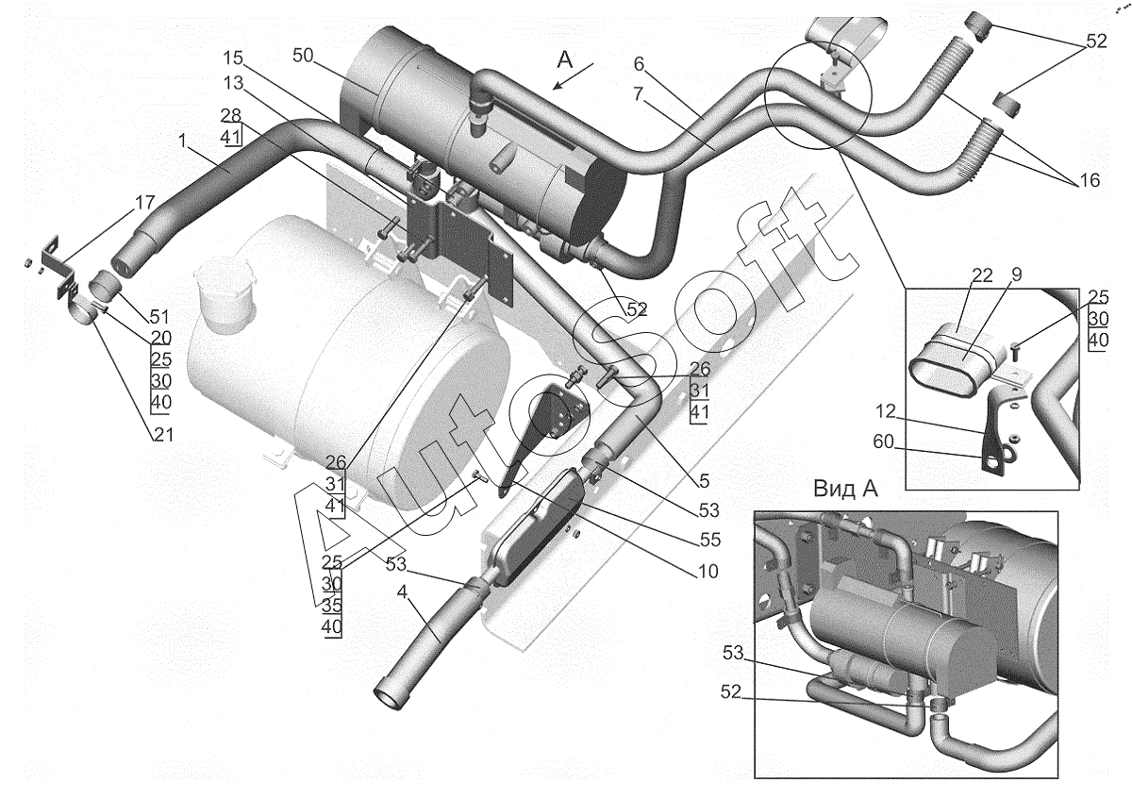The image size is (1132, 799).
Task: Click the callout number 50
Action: coord(303,55)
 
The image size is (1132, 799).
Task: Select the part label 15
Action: coord(234,58)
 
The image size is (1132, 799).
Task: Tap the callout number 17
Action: coord(144,203)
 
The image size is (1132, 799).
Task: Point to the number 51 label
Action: coord(159,317)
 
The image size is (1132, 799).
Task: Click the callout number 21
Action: coord(163,434)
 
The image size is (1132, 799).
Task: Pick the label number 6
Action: coord(639,64)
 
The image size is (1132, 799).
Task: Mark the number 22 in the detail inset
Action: coord(982,275)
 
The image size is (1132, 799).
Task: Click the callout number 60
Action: coord(884,442)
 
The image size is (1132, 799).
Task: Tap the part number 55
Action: coord(710,541)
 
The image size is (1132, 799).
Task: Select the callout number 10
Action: coord(707,572)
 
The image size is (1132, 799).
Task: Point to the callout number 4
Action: coord(402,591)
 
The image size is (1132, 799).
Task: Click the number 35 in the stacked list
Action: coord(331,605)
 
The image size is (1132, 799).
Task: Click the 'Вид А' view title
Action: coord(845,489)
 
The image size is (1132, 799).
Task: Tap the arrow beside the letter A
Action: coord(574,76)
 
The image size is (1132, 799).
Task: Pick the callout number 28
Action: coord(231,116)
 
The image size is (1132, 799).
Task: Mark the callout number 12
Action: coord(886,412)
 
